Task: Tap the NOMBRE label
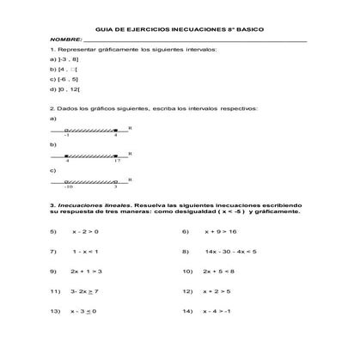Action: tap(65, 40)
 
